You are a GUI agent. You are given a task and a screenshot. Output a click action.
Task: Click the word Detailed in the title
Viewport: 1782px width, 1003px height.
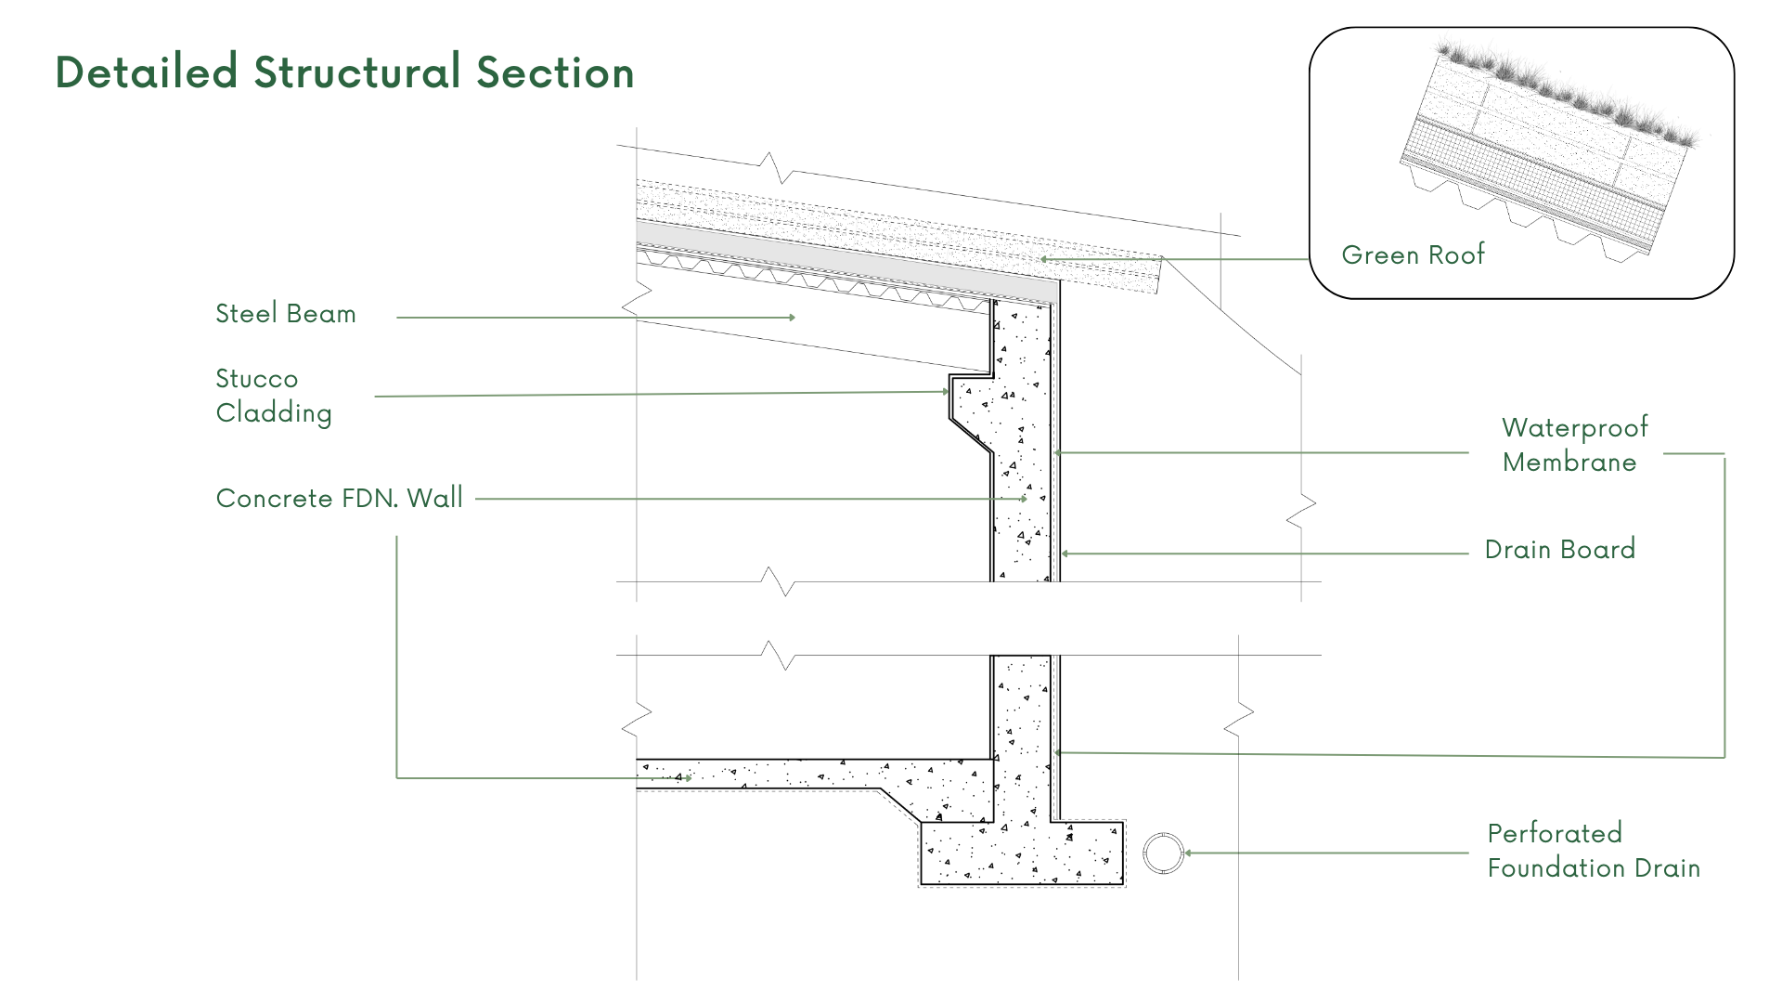click(147, 72)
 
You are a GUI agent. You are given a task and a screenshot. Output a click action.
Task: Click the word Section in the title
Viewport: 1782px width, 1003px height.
click(555, 72)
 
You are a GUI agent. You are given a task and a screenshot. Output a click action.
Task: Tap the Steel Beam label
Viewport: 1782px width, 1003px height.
click(286, 314)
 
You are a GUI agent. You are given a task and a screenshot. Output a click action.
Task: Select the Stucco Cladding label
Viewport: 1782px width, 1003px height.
click(273, 396)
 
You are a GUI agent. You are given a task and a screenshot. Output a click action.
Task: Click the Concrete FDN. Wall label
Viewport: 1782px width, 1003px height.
click(339, 499)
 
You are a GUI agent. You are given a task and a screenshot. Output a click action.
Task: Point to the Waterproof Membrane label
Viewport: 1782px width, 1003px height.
click(1574, 445)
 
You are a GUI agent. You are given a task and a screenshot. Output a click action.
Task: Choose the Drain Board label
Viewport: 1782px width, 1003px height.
click(1559, 550)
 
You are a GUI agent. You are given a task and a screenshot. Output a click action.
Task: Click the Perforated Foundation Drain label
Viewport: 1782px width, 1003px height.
click(1593, 851)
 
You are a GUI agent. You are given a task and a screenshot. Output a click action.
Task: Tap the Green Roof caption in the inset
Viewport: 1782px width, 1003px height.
click(1413, 255)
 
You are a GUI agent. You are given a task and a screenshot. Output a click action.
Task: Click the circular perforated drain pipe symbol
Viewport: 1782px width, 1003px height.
click(1163, 853)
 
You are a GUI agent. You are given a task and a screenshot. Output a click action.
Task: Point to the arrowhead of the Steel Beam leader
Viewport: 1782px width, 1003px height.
click(793, 318)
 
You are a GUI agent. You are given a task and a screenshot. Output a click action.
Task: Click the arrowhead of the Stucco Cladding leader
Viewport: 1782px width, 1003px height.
click(946, 392)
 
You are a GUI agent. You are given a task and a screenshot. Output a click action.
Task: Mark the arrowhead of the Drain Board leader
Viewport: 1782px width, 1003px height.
click(1065, 554)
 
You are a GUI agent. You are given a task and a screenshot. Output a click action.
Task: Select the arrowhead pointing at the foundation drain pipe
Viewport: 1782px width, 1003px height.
click(1189, 853)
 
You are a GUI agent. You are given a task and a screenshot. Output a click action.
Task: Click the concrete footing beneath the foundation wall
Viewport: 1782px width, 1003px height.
click(1021, 853)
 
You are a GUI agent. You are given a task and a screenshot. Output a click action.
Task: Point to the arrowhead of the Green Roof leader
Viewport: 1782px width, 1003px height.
click(1043, 259)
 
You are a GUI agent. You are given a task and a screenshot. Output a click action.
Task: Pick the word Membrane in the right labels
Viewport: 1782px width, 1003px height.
click(1569, 462)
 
